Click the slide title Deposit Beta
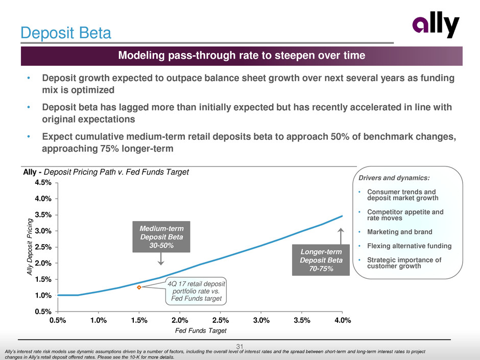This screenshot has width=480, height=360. click(65, 34)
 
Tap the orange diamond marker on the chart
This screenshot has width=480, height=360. click(139, 287)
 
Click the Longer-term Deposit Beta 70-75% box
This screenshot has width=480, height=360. click(321, 260)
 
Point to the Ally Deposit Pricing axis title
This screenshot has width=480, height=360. click(30, 247)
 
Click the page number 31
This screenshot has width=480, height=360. click(240, 348)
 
